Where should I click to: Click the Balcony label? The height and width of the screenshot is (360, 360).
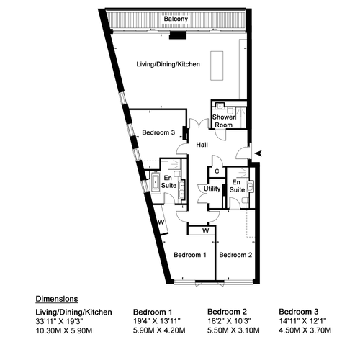[176, 19]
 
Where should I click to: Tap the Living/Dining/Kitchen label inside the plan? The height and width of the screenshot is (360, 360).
[168, 64]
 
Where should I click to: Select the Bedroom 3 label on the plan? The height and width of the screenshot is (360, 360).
[158, 132]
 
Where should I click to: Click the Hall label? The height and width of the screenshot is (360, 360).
[202, 145]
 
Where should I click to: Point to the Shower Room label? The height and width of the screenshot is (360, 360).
[224, 121]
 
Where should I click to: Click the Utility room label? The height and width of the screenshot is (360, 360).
[212, 189]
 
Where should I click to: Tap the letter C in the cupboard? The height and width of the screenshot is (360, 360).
[217, 171]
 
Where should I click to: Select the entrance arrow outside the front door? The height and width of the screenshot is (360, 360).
[258, 153]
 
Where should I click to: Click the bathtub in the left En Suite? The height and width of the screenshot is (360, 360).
[156, 181]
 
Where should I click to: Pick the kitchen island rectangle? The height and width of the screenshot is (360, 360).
[217, 66]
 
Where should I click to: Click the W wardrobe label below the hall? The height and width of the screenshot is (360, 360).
[205, 231]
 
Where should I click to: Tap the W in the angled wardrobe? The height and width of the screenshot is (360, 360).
[161, 222]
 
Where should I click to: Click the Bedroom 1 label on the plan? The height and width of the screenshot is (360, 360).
[190, 255]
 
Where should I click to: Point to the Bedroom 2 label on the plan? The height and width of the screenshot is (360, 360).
[235, 255]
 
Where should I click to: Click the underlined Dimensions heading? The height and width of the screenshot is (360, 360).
[57, 299]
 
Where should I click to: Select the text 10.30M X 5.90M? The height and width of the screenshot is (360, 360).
[64, 330]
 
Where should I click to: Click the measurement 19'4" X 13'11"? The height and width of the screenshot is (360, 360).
[157, 321]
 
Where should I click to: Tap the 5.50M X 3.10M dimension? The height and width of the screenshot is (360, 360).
[233, 330]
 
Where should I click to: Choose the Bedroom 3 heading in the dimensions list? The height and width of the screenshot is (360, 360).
[299, 312]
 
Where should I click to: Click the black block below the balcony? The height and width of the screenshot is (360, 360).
[178, 35]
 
